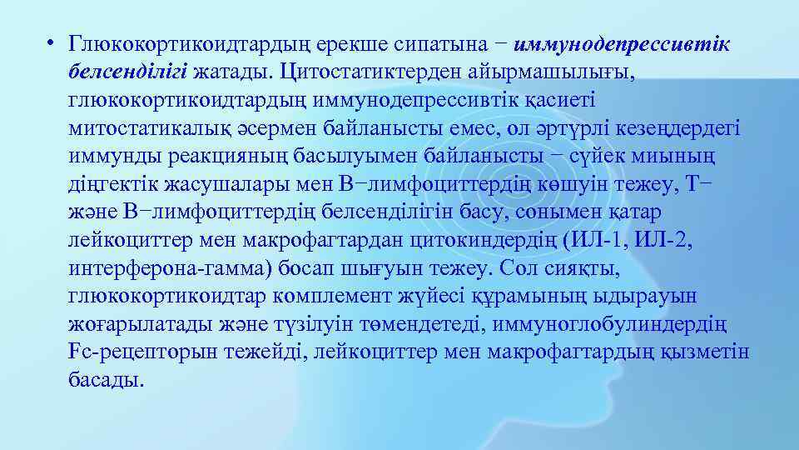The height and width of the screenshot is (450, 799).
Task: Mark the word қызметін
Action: (x=712, y=352)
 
